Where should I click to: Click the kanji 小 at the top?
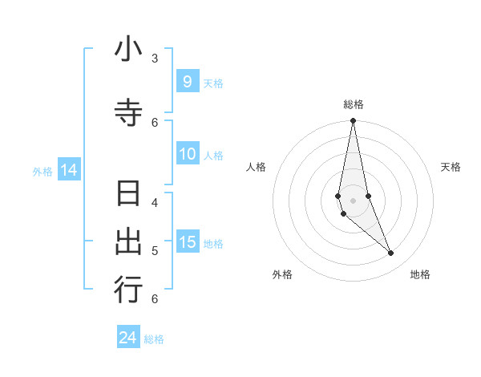point(128,50)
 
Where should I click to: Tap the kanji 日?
point(128,195)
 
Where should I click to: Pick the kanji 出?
point(128,241)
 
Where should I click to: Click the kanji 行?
point(128,290)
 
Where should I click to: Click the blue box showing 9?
point(187,82)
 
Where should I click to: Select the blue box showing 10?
point(188,154)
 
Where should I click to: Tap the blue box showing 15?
point(188,242)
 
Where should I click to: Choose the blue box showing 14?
point(68,170)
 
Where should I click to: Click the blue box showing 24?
point(128,338)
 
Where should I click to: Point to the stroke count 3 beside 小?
point(154,58)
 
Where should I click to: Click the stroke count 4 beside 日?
point(154,202)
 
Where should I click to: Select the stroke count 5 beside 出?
point(154,250)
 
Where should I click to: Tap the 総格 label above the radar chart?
point(354,104)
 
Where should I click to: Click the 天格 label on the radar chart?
point(451,167)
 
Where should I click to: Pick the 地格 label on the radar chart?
point(420,274)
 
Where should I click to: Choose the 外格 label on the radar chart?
point(282,274)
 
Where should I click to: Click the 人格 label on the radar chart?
point(257,167)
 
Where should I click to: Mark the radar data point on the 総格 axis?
point(354,121)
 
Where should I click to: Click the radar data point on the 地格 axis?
point(391,253)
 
